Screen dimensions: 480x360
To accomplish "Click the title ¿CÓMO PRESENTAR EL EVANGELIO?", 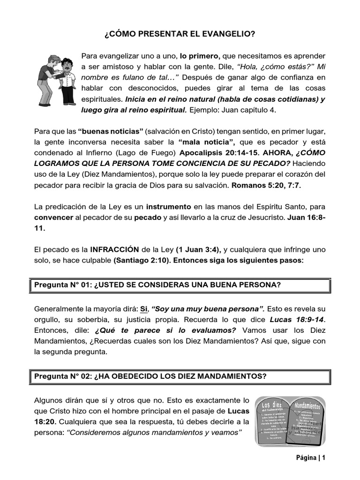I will [x=180, y=34].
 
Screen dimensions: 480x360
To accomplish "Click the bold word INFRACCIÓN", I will [x=115, y=249].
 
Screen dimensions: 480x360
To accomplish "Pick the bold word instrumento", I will [x=168, y=206].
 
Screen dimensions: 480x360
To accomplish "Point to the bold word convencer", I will [x=53, y=217].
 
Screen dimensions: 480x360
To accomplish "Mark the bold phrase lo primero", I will [x=200, y=56].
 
